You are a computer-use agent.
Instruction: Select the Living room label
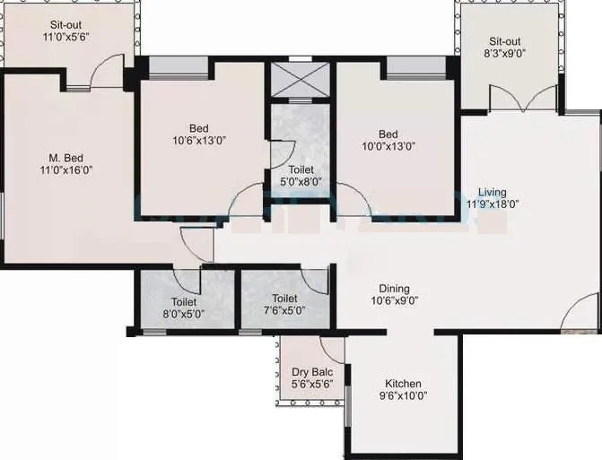coord(492,192)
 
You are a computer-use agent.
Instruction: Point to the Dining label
coord(394,289)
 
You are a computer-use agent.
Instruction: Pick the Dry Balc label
coord(312,372)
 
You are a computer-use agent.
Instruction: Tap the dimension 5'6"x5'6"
coord(312,385)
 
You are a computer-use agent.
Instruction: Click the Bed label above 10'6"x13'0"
coord(199,127)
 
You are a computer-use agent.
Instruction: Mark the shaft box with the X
coord(301,78)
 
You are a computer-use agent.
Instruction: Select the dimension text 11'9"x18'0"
coord(492,204)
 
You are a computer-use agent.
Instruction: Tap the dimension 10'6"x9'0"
coord(394,301)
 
